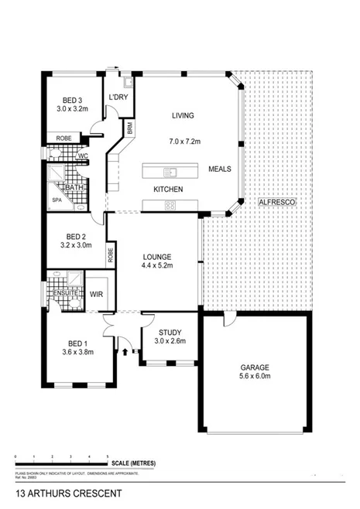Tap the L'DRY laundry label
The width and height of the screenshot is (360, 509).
click(x=118, y=97)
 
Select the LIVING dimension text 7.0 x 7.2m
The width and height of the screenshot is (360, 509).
click(x=183, y=142)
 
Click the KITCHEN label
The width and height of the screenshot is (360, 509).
click(x=167, y=189)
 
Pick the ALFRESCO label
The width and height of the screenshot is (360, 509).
click(x=277, y=201)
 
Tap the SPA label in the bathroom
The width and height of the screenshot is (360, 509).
click(x=57, y=200)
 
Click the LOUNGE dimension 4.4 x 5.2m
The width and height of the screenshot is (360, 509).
click(x=156, y=265)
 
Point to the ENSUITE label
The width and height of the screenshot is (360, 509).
click(x=65, y=293)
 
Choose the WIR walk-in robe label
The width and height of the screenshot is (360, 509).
click(x=97, y=294)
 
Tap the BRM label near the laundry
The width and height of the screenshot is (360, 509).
click(x=130, y=128)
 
